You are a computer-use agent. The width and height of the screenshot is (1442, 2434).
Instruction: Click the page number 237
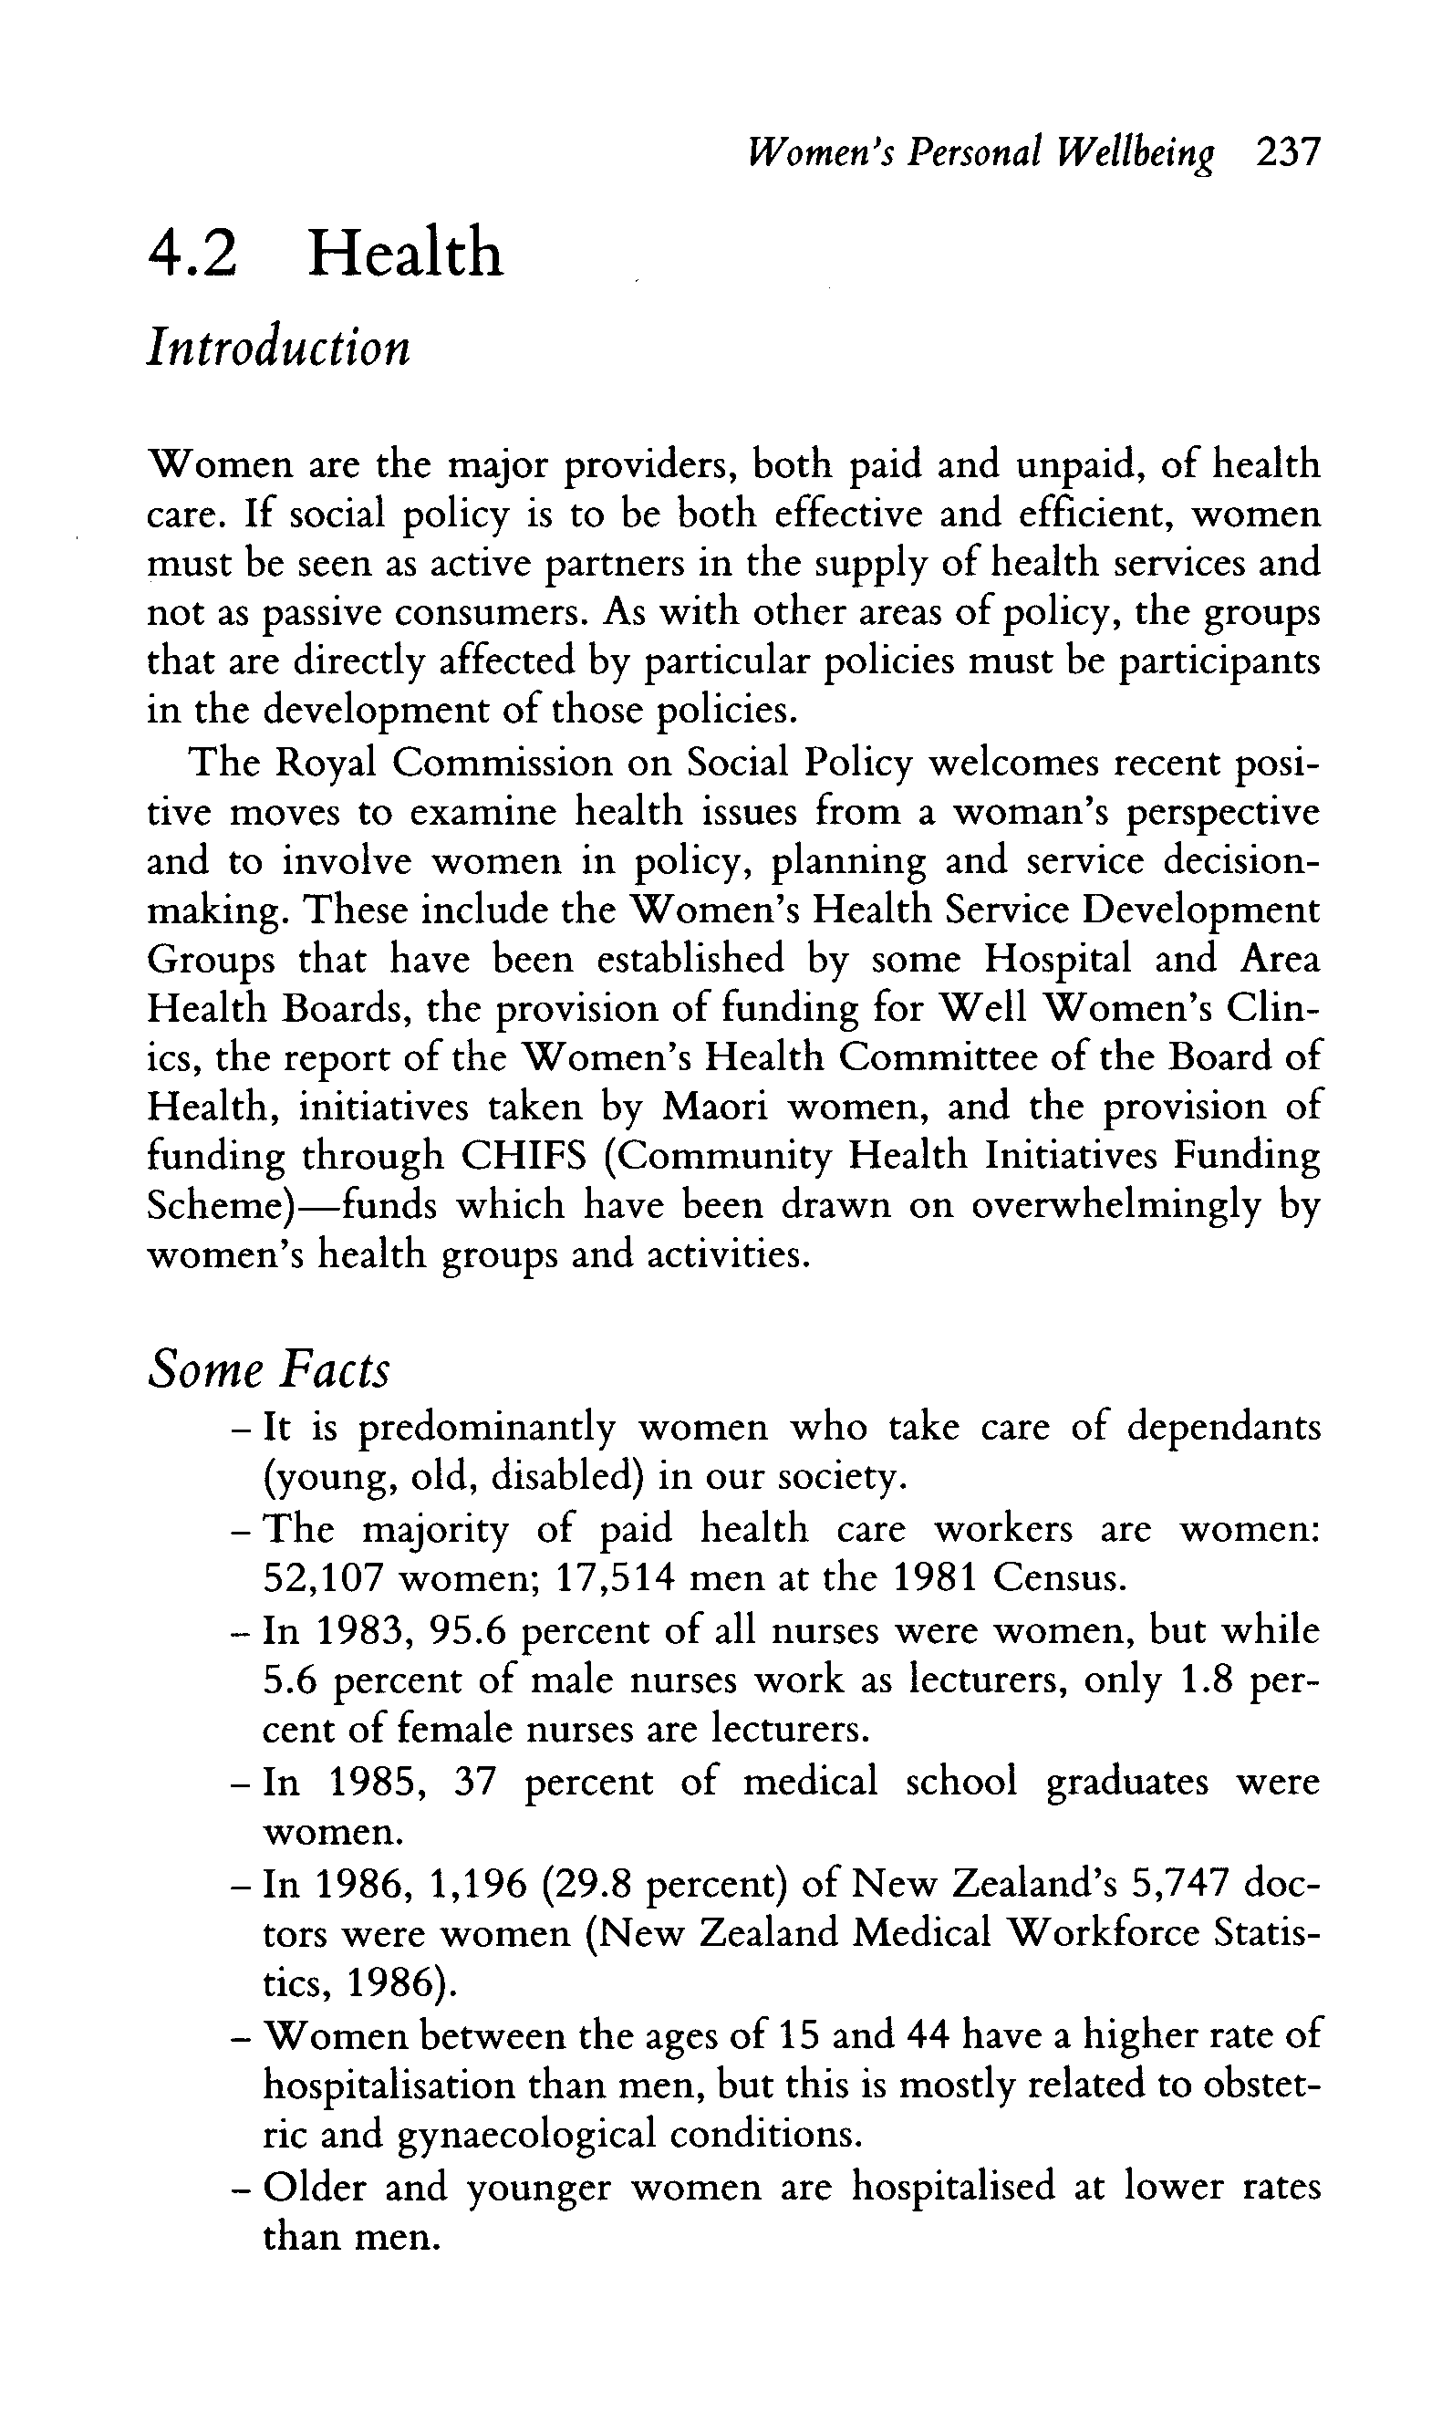1288,153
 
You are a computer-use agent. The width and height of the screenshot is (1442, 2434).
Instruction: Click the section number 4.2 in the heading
192,253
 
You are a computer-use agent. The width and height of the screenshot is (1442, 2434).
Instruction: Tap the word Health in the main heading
405,253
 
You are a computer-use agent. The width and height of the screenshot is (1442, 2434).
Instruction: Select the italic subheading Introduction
279,347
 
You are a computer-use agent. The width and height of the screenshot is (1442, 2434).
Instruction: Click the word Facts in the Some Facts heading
336,1370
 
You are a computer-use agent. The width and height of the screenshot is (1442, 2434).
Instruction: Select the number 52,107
322,1578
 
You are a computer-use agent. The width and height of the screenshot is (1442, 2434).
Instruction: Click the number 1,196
477,1884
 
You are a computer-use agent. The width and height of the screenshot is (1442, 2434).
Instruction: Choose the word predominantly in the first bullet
487,1428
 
